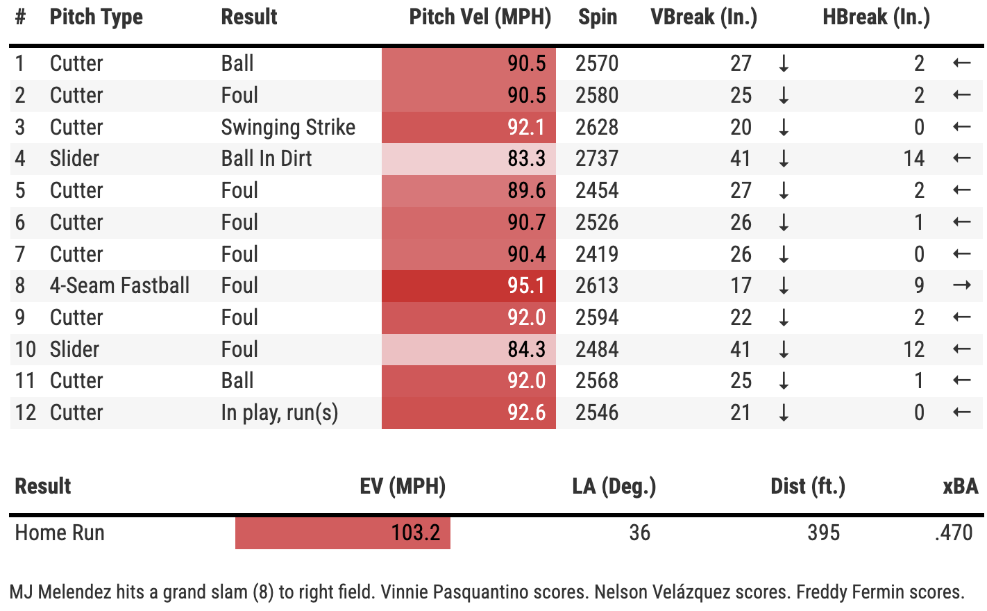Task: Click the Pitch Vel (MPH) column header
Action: pyautogui.click(x=480, y=17)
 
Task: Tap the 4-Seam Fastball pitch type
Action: pyautogui.click(x=119, y=285)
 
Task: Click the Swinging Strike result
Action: pyautogui.click(x=288, y=127)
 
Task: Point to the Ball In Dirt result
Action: pyautogui.click(x=267, y=158)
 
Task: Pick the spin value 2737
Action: pyautogui.click(x=596, y=158)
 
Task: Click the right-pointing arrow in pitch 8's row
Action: pyautogui.click(x=961, y=285)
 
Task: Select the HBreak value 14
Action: pyautogui.click(x=913, y=158)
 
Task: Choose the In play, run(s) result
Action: pyautogui.click(x=279, y=412)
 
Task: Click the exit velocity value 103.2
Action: pyautogui.click(x=415, y=533)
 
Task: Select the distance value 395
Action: pyautogui.click(x=823, y=533)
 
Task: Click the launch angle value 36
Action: pyautogui.click(x=639, y=533)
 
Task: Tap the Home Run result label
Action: pyautogui.click(x=60, y=533)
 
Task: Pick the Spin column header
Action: pyautogui.click(x=597, y=17)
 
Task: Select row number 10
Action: pyautogui.click(x=26, y=349)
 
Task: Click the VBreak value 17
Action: pyautogui.click(x=741, y=285)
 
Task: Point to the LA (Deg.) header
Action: pyautogui.click(x=614, y=486)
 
